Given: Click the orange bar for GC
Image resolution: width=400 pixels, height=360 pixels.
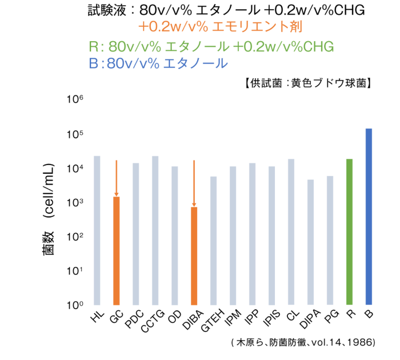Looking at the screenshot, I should pyautogui.click(x=117, y=250).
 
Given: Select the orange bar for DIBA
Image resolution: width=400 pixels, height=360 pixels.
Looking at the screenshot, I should pyautogui.click(x=194, y=255).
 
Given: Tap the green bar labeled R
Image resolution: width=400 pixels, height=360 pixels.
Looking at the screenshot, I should pyautogui.click(x=350, y=231).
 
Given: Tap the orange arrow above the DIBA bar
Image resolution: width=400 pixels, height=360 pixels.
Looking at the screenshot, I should pyautogui.click(x=194, y=183).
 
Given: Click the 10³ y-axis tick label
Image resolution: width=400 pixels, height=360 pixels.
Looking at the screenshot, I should pyautogui.click(x=76, y=202).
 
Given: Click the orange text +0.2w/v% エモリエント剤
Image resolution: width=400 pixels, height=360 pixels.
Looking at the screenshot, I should pyautogui.click(x=220, y=27).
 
